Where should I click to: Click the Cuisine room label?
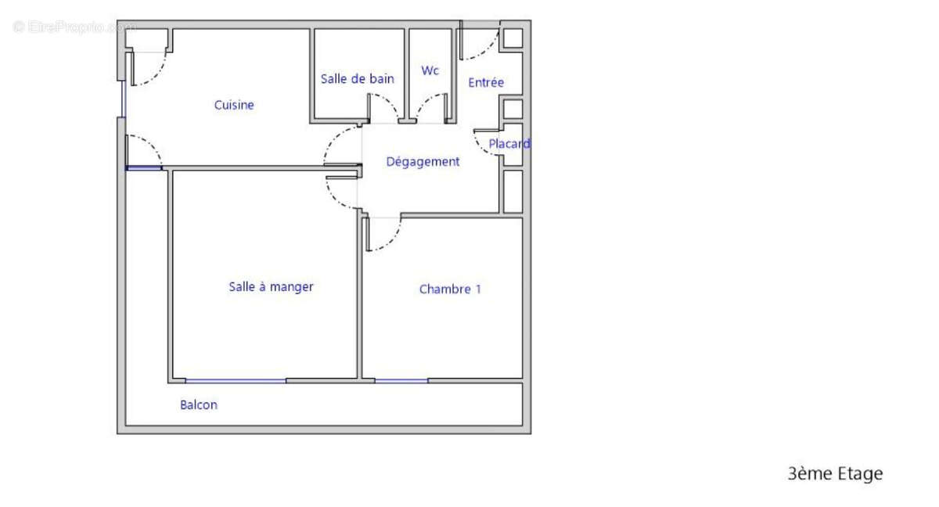point(234,105)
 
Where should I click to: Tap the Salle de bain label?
point(357,79)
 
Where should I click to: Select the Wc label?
point(430,70)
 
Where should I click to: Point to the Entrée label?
point(486,82)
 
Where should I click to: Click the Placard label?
point(509,144)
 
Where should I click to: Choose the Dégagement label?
point(423,162)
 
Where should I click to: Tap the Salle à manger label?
point(271,287)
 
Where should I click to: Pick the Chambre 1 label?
point(450,289)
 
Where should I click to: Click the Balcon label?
point(199,405)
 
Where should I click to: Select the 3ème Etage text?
point(834,473)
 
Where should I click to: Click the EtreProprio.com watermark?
point(74,27)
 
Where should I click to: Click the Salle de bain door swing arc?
point(387,103)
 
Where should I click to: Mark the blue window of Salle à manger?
point(236,381)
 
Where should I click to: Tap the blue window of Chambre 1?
point(401,381)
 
